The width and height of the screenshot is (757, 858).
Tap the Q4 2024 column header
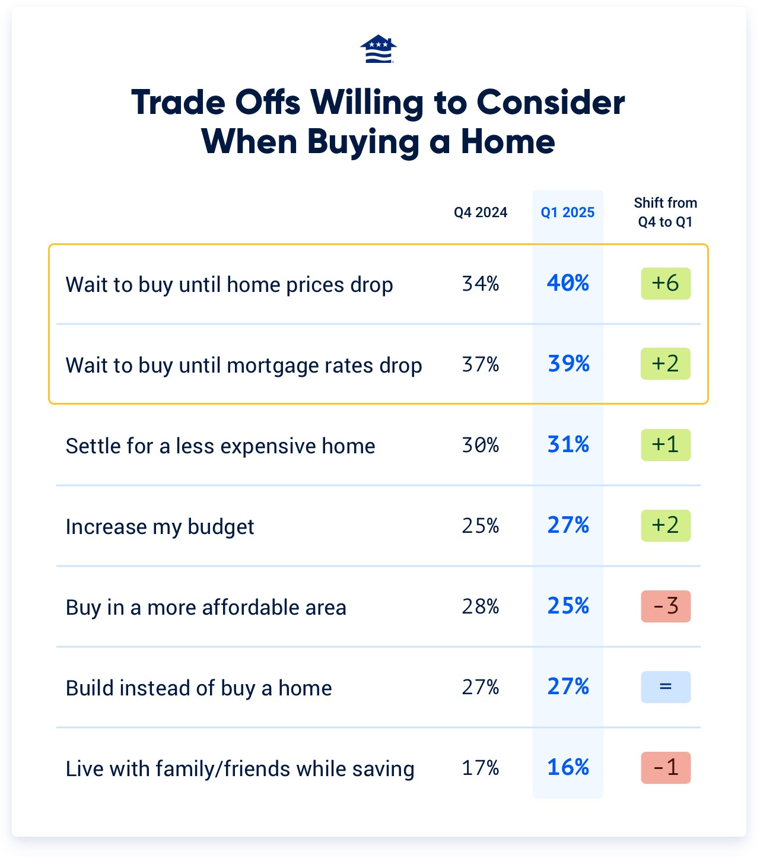481,212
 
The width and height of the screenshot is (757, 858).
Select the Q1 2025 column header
568,212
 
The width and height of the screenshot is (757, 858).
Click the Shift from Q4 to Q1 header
665,212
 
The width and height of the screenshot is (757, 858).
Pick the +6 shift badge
666,284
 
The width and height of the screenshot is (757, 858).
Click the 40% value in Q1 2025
568,284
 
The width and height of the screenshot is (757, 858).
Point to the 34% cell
481,284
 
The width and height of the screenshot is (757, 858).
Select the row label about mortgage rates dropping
244,366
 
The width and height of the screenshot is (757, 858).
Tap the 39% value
568,364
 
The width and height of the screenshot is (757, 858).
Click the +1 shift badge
666,445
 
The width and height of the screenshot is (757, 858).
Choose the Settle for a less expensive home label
220,446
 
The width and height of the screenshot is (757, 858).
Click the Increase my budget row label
160,527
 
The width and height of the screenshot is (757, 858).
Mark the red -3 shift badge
666,606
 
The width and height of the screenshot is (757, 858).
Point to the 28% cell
481,607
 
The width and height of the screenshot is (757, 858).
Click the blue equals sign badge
666,687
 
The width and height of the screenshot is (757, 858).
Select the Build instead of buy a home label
199,688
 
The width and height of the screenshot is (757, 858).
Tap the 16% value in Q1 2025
568,768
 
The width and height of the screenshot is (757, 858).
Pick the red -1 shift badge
666,768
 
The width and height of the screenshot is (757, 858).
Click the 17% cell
481,768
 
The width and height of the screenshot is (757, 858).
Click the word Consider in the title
551,103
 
